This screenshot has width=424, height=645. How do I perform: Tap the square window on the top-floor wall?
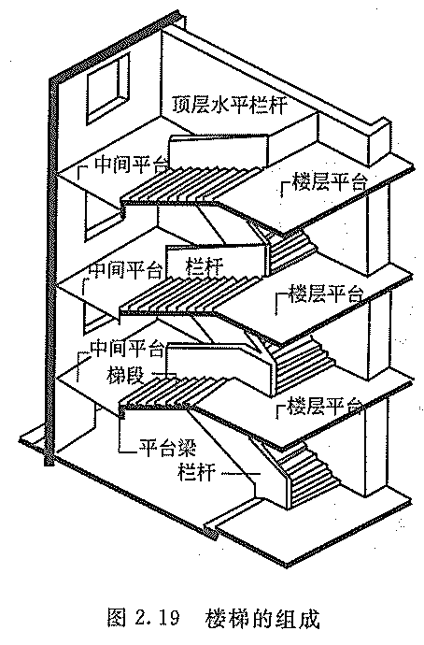pos(107,89)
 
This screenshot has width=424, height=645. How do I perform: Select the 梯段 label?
pos(124,375)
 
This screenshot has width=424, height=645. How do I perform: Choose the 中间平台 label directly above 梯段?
pos(126,350)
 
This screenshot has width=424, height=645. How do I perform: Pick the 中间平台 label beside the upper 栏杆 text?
pos(125,269)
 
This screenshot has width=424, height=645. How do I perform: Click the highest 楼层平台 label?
pos(328,181)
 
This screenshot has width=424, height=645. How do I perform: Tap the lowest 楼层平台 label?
pos(324,406)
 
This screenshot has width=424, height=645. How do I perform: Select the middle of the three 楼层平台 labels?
pos(326,294)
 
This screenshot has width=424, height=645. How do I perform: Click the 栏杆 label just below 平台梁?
pos(196,472)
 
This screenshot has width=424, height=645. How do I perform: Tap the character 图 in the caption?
pos(116,618)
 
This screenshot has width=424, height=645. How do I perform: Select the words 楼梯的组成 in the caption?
pos(261,618)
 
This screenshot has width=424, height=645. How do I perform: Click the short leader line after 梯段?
pos(164,374)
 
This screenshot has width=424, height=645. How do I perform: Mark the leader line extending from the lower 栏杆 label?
pos(241,474)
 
